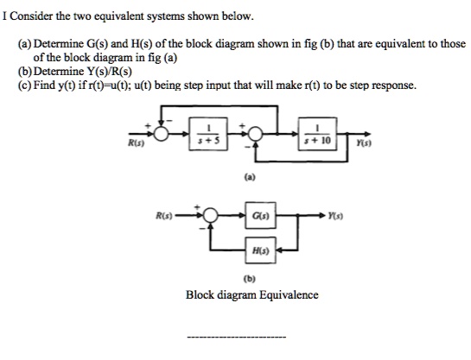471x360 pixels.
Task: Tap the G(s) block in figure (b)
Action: (260, 212)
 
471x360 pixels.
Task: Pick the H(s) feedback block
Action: (260, 250)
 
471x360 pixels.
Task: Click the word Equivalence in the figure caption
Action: (283, 294)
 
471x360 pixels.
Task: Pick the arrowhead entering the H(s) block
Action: (277, 250)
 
